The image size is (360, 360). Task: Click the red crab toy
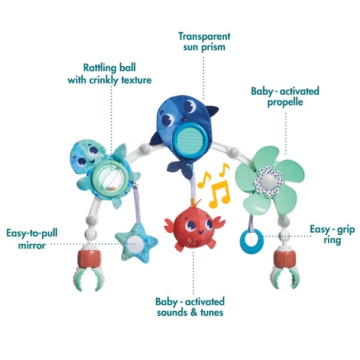(194, 227)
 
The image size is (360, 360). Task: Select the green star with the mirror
(136, 243)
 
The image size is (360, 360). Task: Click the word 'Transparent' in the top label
(204, 37)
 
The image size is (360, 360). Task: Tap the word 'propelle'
(285, 102)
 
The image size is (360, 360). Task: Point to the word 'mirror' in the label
(32, 245)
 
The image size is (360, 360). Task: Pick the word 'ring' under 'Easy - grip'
(332, 241)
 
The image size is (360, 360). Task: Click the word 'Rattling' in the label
(100, 68)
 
